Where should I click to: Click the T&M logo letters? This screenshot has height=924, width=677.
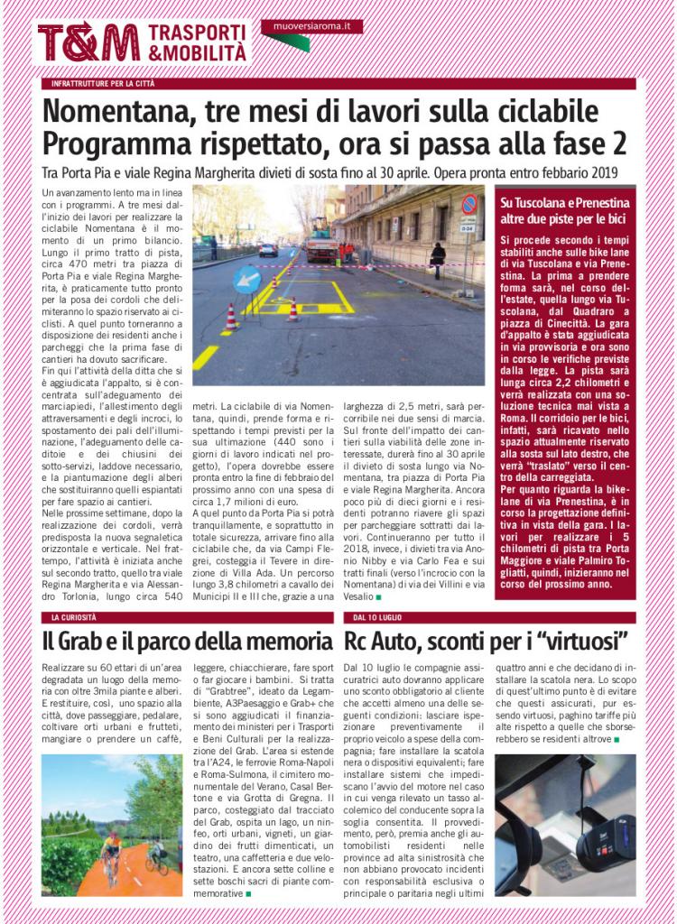pos(88,42)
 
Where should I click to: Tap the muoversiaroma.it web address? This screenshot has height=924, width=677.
pos(311,26)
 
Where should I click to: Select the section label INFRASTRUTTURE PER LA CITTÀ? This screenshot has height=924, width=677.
pos(103,84)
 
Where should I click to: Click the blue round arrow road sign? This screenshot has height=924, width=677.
pos(246,280)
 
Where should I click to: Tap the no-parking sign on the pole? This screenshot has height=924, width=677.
pos(469,205)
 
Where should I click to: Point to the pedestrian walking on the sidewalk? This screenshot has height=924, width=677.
pos(438,259)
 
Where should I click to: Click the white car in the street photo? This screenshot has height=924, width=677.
pos(268,250)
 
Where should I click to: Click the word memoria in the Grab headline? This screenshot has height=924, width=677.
pos(289,642)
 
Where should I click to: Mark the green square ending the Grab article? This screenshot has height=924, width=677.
pos(248,893)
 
